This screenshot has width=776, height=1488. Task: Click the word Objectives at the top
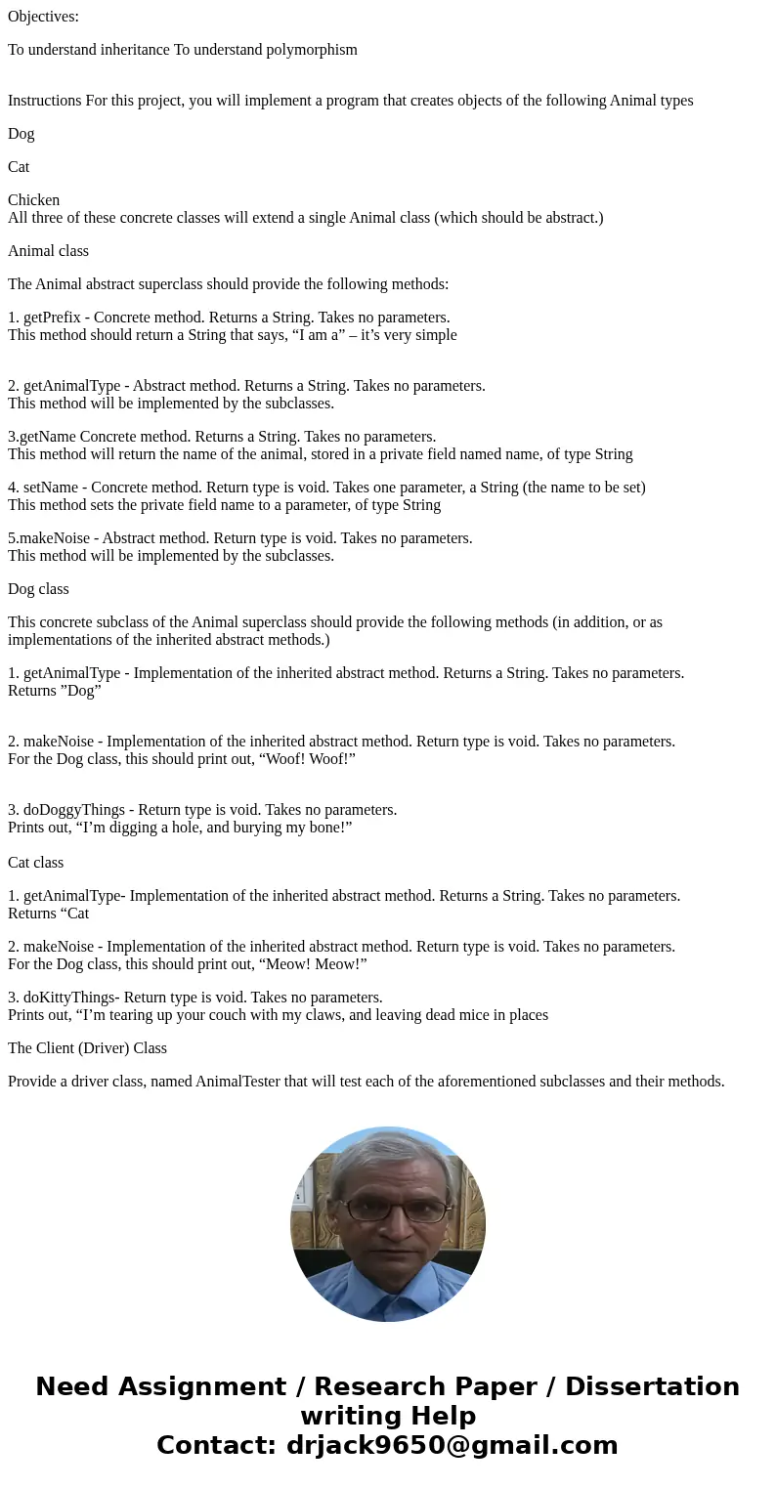click(x=43, y=17)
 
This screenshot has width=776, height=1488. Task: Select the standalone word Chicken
click(x=34, y=200)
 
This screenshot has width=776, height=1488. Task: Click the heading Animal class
click(x=48, y=251)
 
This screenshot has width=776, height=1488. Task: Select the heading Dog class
click(x=38, y=589)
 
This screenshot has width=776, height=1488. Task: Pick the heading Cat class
click(x=35, y=863)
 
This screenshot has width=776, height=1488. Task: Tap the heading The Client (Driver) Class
click(x=87, y=1048)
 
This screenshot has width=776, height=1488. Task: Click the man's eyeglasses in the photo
click(x=389, y=1210)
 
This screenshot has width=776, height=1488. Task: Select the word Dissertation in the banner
click(x=652, y=1387)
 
